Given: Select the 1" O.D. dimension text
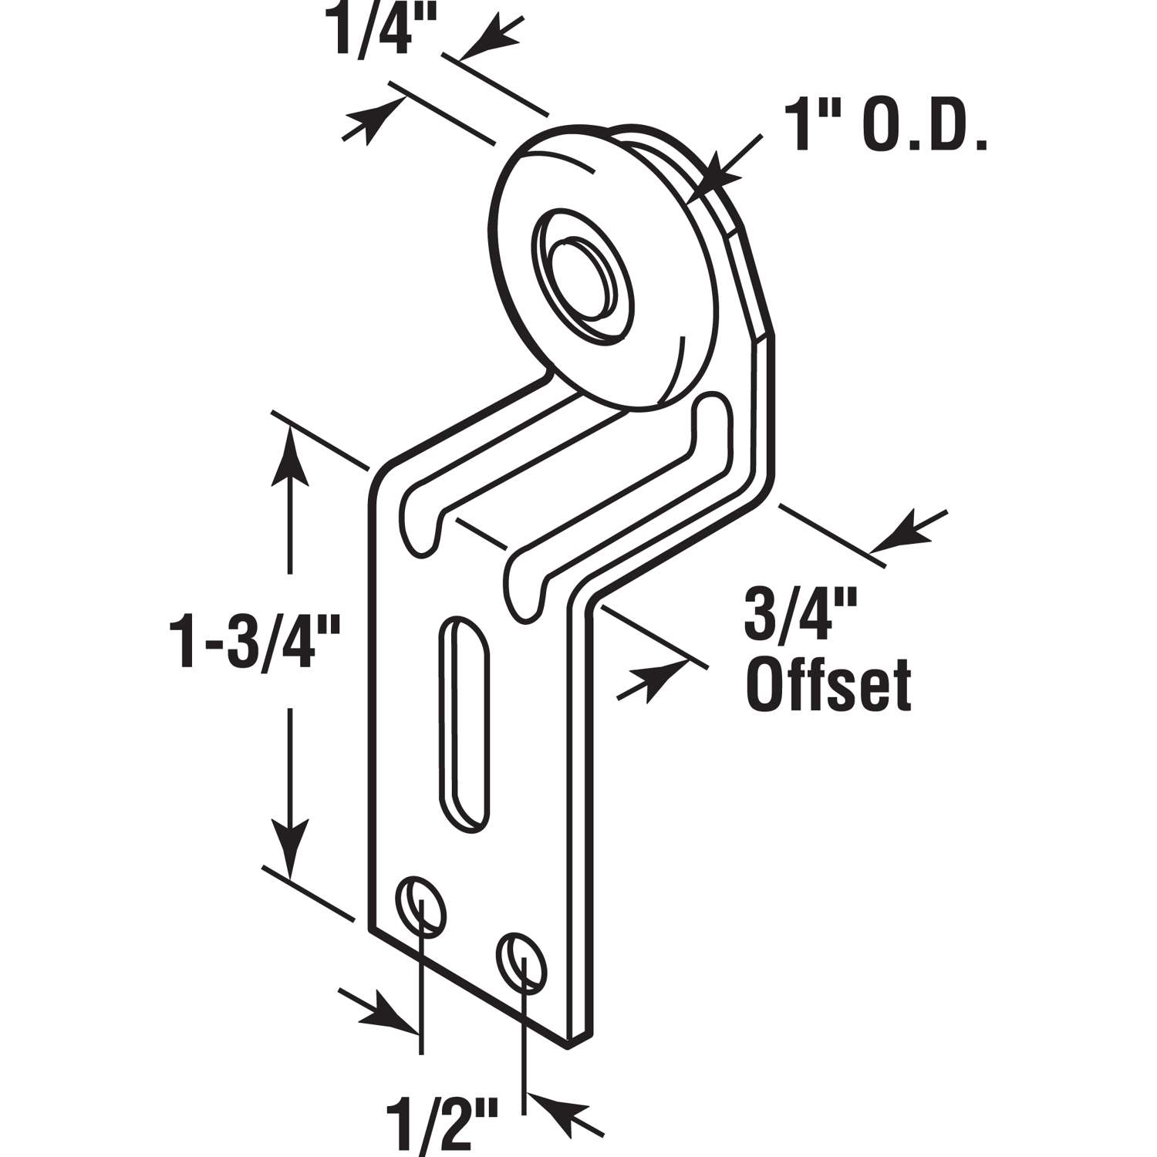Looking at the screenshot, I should (x=885, y=130).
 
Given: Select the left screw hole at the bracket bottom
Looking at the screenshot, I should (x=421, y=902).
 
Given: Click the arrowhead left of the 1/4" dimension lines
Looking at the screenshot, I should (x=374, y=120).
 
